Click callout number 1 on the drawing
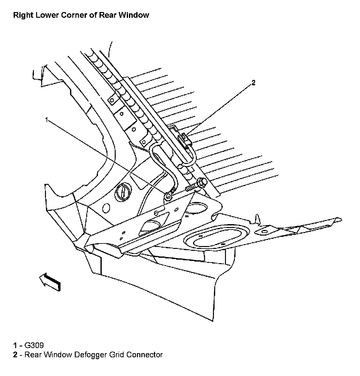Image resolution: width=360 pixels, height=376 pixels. [x=47, y=120]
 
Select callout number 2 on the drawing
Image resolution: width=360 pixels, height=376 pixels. [x=253, y=83]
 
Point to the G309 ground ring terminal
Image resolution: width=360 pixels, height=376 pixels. [x=168, y=197]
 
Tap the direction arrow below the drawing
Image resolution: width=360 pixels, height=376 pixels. [x=50, y=281]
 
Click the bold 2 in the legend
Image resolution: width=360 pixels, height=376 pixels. [x=15, y=354]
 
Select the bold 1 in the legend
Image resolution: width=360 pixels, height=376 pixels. [x=15, y=345]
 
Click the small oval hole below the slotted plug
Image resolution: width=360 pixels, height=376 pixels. [x=106, y=208]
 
